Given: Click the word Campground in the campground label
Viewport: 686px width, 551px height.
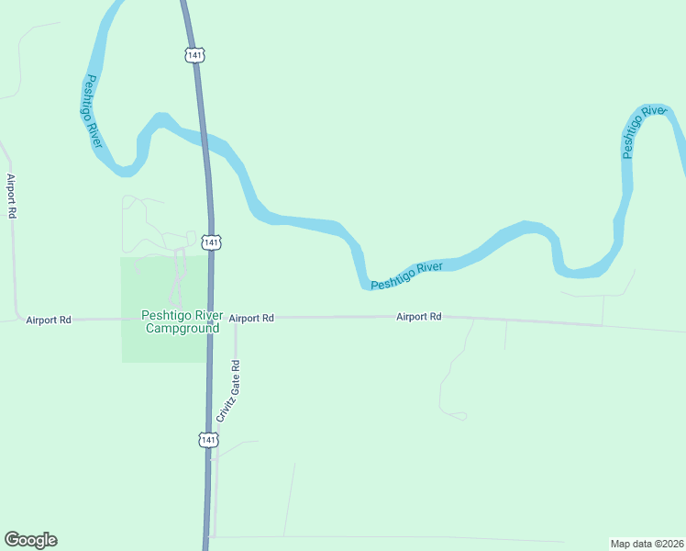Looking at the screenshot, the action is [179, 328].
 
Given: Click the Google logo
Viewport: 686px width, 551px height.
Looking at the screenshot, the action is [30, 540].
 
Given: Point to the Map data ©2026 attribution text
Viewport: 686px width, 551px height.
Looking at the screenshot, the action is [647, 543].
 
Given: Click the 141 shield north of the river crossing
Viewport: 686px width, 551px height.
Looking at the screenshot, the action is [194, 55].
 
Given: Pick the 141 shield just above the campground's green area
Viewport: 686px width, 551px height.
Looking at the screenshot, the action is [212, 242].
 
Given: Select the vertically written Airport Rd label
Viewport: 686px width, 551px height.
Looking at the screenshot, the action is [12, 196].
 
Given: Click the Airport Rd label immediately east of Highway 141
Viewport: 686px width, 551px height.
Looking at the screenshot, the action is [251, 318].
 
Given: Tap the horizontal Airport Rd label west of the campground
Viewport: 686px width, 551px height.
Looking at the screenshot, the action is [49, 320].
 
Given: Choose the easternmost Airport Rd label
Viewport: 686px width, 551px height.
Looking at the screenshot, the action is [419, 316].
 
